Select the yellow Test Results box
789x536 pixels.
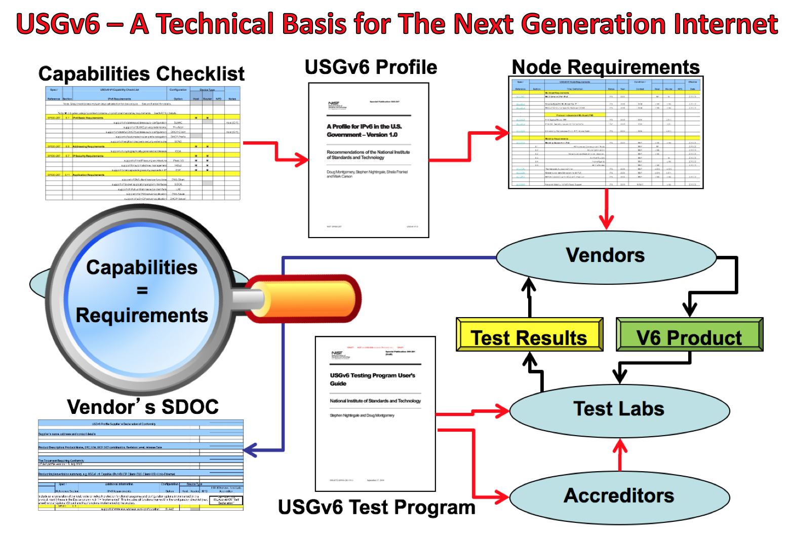click(529, 336)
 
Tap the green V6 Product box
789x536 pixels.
click(689, 336)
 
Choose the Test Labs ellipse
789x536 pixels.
click(619, 410)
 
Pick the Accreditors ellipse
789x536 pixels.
click(619, 496)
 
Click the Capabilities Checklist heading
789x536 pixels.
click(141, 74)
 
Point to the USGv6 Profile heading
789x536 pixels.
click(371, 67)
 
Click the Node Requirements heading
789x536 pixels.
click(605, 67)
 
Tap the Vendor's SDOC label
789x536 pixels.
click(143, 407)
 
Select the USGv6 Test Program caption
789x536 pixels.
click(376, 507)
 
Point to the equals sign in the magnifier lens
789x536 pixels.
click(142, 291)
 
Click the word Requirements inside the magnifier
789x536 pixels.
click(142, 315)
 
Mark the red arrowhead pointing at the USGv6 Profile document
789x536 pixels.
click(302, 160)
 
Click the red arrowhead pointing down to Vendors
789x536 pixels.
click(606, 222)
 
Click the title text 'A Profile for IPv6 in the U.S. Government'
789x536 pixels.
click(364, 131)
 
